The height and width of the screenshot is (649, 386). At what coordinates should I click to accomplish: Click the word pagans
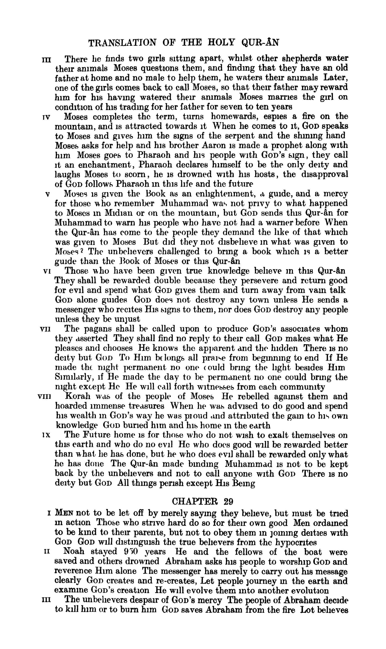[x=100, y=329]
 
